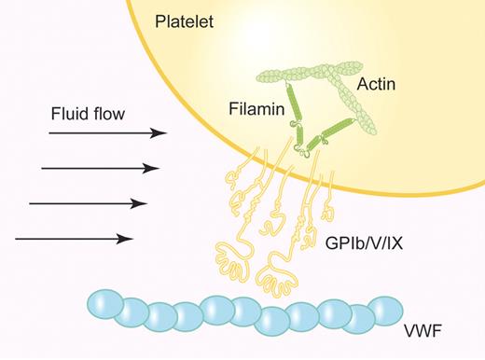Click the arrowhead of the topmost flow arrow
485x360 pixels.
(x=161, y=133)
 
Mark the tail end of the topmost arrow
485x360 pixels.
(x=49, y=133)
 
